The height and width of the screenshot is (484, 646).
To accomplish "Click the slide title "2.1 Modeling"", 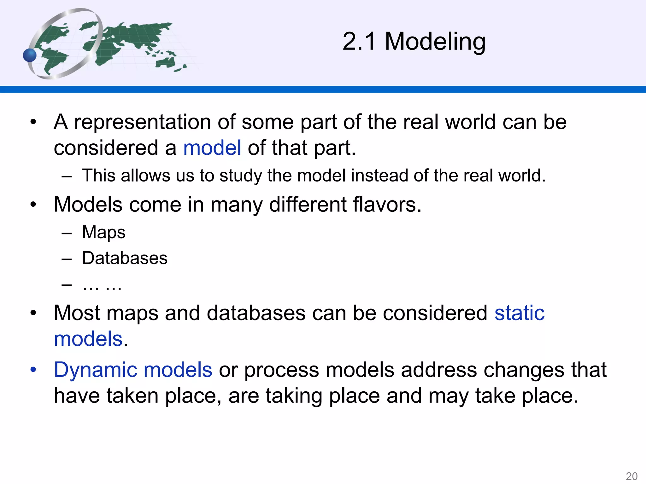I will (414, 42).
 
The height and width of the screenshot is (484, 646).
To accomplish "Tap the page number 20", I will (631, 476).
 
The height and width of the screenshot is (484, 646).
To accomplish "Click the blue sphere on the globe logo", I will (30, 55).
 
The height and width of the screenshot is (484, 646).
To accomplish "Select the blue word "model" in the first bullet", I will (212, 148).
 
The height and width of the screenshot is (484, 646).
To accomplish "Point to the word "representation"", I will (142, 122).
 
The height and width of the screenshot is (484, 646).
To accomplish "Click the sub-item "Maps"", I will (104, 232).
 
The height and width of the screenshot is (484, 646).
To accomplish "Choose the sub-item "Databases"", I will (125, 258).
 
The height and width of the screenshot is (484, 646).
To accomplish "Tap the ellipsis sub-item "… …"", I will (102, 285).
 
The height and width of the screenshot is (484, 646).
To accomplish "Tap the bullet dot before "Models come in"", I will (33, 205).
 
